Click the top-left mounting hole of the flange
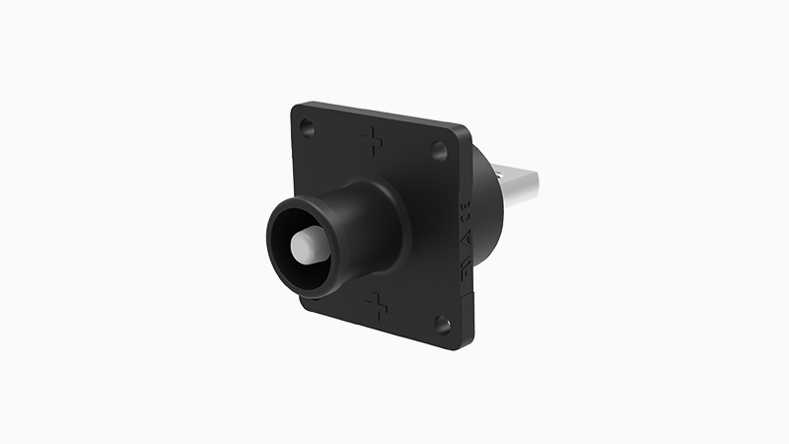coord(307,127)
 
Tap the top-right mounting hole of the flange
coord(438,150)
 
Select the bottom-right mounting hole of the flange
coord(442,323)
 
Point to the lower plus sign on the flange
coord(376,306)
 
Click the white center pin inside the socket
coord(309,246)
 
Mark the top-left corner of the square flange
coord(295,106)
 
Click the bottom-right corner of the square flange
coord(460,346)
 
